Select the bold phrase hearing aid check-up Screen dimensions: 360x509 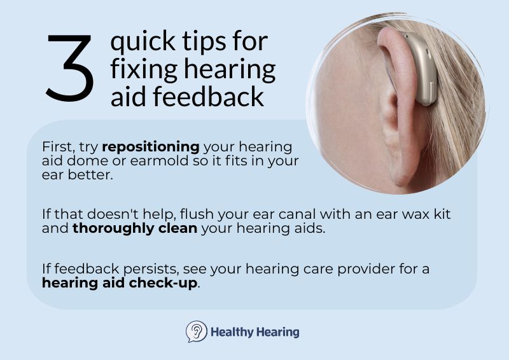120,283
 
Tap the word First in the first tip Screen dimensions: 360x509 56,146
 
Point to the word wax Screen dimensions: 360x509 400,214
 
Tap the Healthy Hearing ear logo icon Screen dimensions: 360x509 196,332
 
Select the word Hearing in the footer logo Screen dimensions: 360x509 277,332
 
